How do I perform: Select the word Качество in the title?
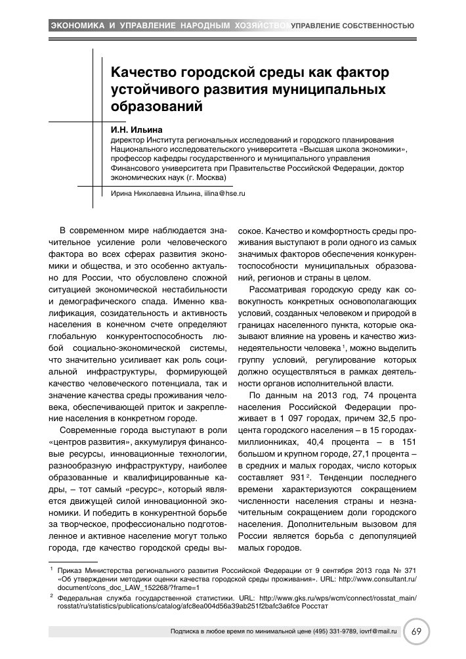(x=145, y=71)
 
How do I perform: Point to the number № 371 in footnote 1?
(x=404, y=569)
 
